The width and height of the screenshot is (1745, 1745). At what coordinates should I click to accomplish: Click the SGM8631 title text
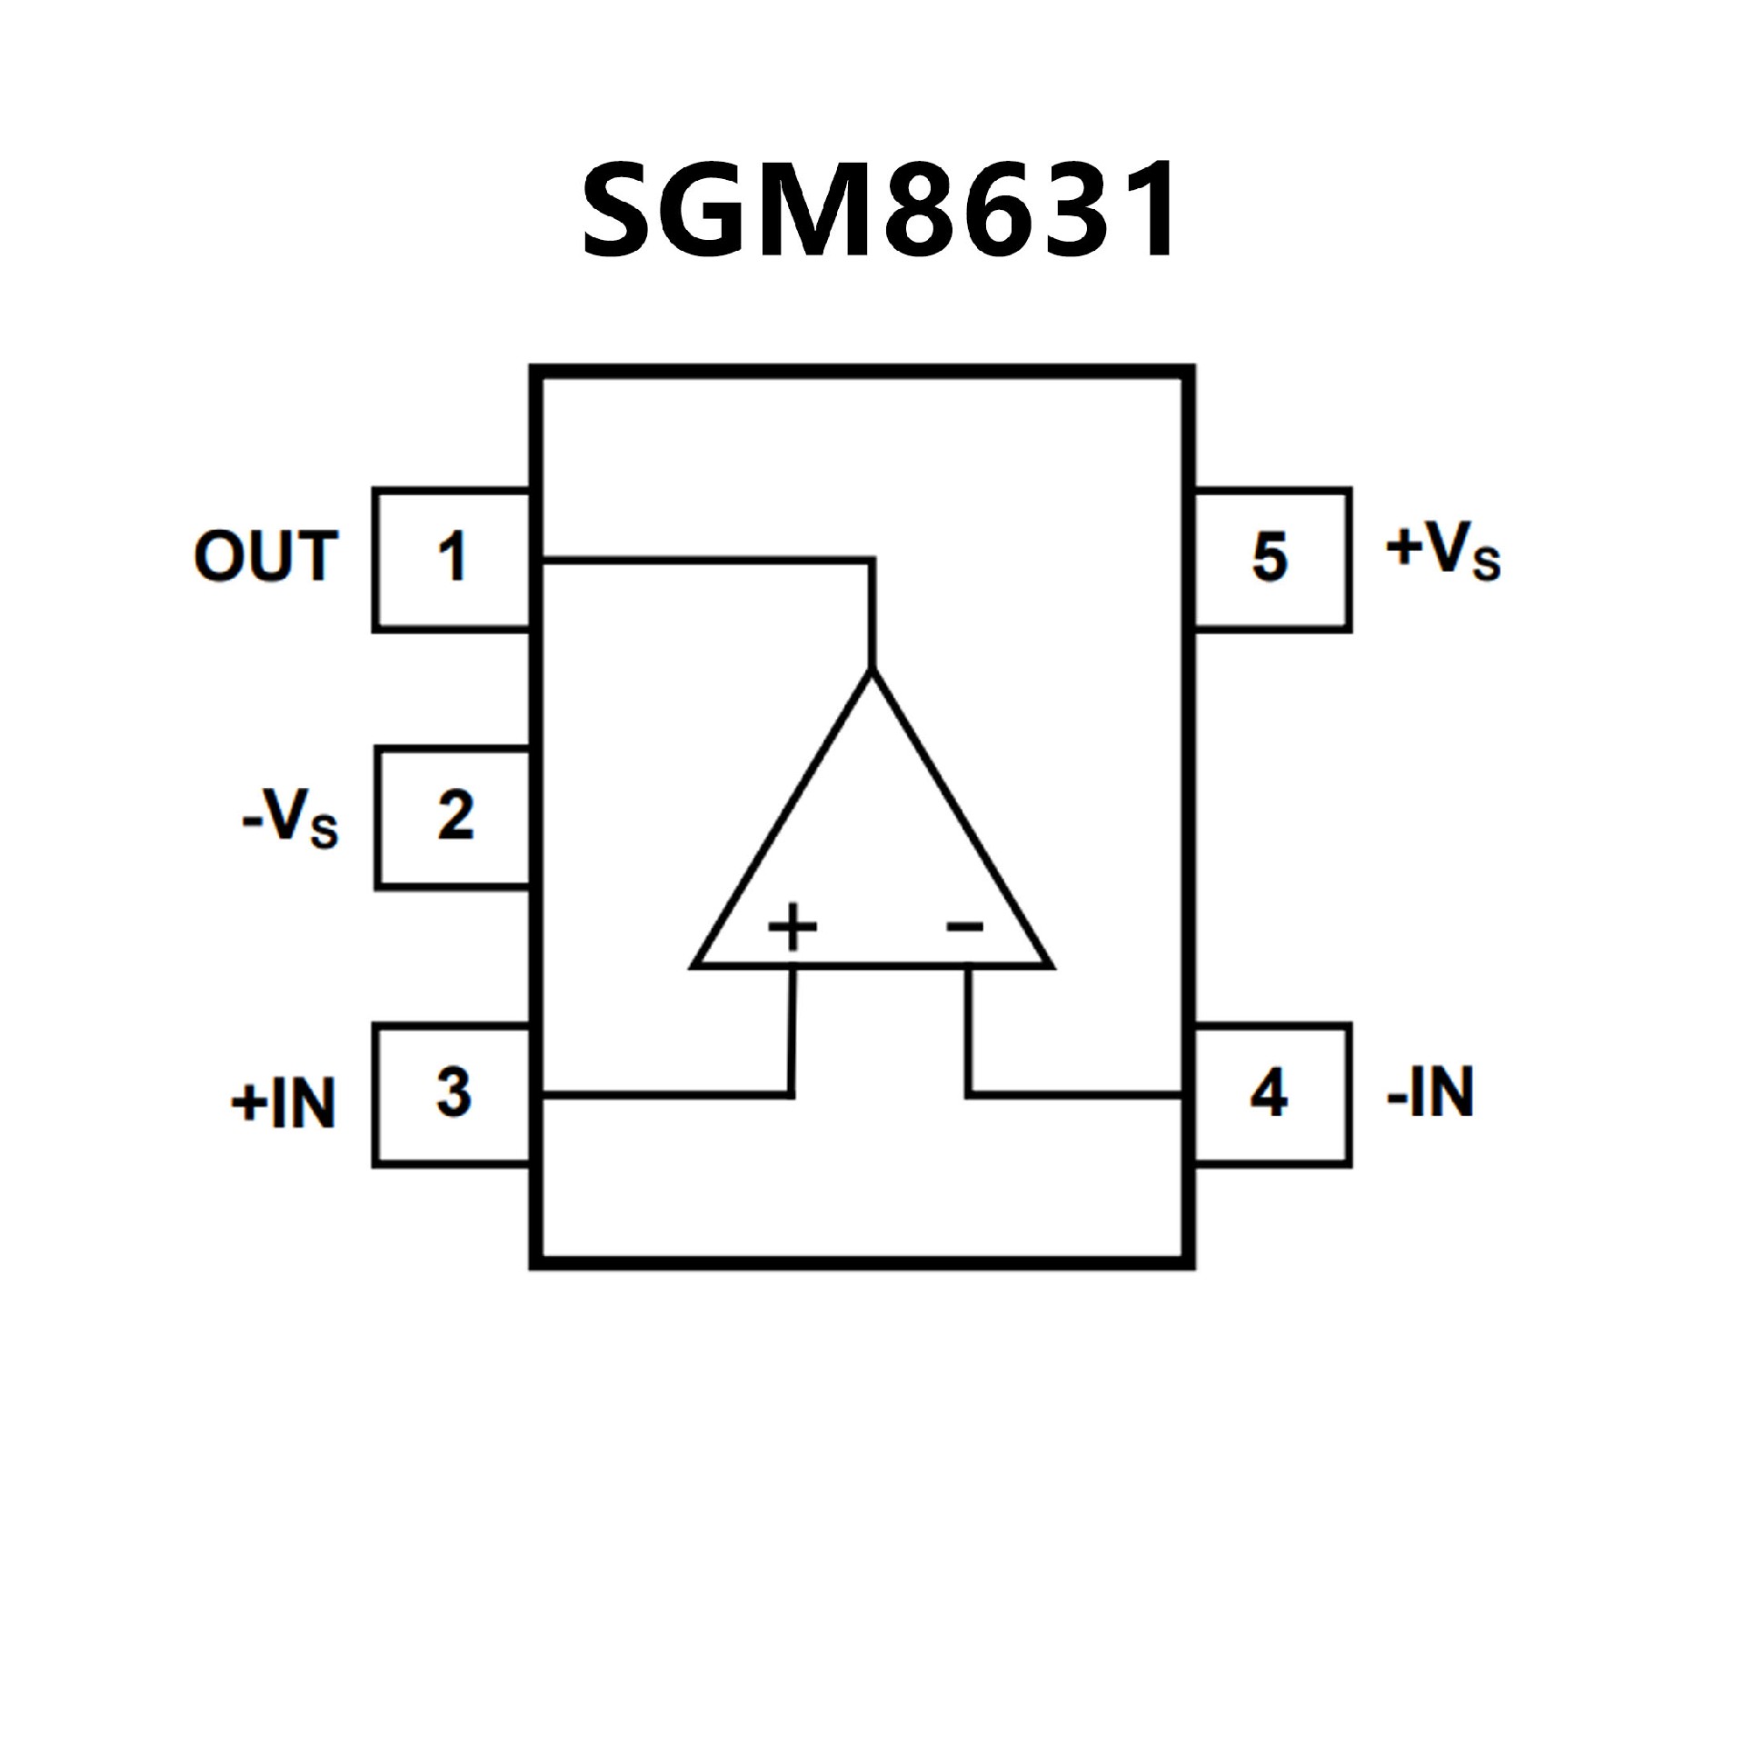880,211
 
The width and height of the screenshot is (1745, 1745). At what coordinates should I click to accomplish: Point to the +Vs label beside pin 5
1442,550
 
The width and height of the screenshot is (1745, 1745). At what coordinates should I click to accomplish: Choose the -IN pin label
1430,1092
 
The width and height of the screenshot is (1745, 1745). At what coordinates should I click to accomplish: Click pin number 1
452,557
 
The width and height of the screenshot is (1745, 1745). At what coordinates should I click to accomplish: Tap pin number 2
455,815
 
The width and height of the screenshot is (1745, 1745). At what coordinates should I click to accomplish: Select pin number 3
454,1092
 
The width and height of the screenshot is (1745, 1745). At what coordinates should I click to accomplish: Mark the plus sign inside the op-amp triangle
793,927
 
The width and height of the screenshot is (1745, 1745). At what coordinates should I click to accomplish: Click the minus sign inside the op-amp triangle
965,927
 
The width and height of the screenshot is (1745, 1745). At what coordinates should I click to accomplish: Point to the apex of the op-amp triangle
872,674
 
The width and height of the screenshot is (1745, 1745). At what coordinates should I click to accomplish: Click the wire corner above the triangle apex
872,561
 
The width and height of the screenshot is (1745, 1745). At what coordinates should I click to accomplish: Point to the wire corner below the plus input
792,1094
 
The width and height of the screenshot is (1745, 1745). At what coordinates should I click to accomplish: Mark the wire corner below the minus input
969,1094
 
